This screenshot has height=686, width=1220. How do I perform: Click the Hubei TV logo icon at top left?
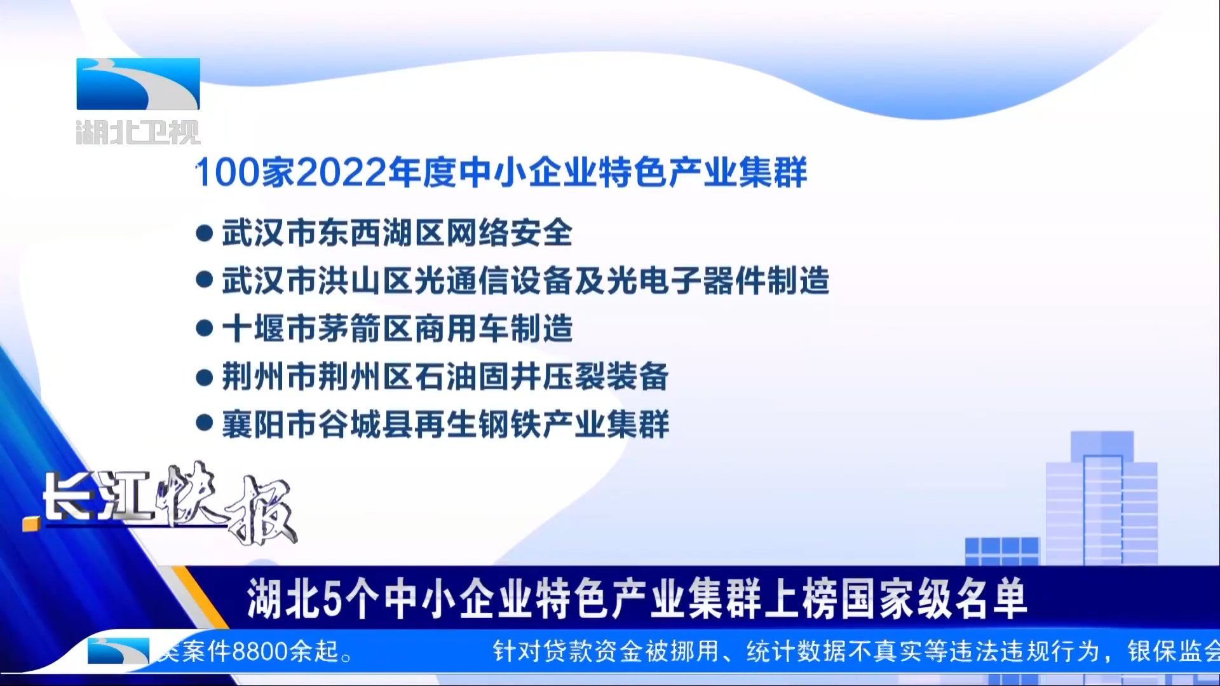tap(138, 83)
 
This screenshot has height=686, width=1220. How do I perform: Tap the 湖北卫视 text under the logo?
tap(138, 132)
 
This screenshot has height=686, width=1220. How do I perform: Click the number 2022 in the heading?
tap(341, 172)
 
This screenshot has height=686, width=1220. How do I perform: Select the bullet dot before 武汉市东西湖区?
tap(204, 233)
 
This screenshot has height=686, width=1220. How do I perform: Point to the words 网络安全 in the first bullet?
tap(509, 233)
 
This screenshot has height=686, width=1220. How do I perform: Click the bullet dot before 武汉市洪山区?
tap(204, 280)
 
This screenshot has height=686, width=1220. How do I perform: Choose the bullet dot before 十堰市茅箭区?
tap(204, 328)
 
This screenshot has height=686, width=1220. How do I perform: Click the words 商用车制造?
tap(493, 329)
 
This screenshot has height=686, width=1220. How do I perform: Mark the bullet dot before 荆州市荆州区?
tap(204, 377)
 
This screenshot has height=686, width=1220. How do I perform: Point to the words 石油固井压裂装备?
tap(541, 376)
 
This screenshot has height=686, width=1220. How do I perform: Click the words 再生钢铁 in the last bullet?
tap(478, 424)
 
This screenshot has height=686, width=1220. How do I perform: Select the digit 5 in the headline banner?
tap(332, 598)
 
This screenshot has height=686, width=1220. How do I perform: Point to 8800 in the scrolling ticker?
tap(260, 652)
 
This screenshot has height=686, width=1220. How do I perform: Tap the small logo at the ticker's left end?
tap(118, 651)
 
